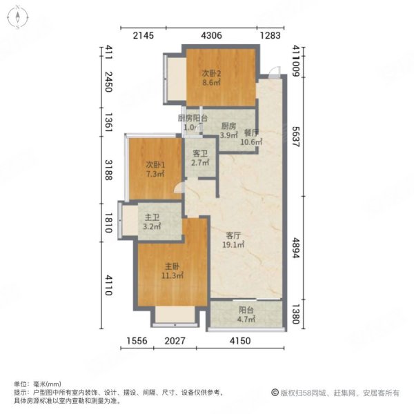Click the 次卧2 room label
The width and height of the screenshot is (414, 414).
[211, 72]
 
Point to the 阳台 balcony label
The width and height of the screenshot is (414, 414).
[246, 310]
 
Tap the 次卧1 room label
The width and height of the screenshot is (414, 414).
[155, 165]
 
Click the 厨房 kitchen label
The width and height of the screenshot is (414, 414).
[228, 126]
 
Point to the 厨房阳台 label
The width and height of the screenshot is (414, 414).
[193, 118]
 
